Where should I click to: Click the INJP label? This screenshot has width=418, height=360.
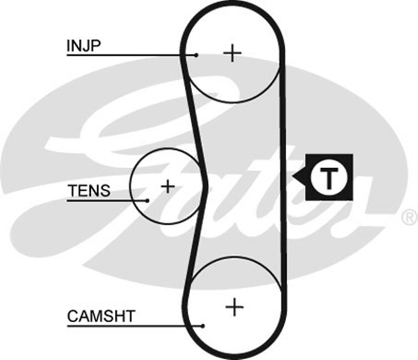click(x=82, y=46)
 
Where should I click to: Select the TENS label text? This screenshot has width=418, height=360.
click(x=89, y=191)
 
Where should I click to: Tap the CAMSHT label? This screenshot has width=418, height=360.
click(x=101, y=317)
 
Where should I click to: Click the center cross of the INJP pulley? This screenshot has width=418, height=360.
click(x=232, y=52)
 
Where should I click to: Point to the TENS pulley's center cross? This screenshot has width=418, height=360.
click(x=168, y=186)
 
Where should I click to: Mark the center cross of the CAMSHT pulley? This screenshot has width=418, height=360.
click(x=233, y=306)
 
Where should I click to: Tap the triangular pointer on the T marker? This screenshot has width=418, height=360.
click(x=298, y=177)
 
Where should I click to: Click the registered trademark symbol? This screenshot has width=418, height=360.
click(x=409, y=216)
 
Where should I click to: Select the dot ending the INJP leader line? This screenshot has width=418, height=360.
click(x=197, y=55)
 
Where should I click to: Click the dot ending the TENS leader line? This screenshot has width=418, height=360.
click(x=148, y=200)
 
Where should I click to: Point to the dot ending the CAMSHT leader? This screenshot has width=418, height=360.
click(x=204, y=325)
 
